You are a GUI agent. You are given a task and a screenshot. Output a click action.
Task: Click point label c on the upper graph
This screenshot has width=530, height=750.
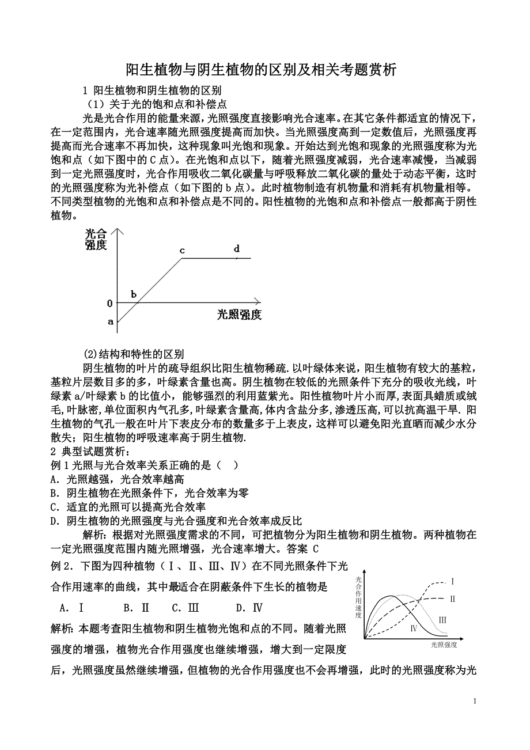(x=182, y=251)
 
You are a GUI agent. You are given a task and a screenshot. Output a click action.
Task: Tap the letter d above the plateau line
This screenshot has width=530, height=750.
(x=236, y=249)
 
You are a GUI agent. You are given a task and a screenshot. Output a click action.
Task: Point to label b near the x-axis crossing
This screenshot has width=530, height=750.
(x=134, y=294)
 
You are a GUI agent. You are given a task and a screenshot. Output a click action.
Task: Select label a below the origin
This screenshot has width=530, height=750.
(x=111, y=321)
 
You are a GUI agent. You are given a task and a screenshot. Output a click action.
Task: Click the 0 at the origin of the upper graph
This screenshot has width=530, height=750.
(x=109, y=303)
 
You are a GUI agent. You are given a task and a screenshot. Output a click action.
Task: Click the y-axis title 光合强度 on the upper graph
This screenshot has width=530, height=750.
(x=96, y=239)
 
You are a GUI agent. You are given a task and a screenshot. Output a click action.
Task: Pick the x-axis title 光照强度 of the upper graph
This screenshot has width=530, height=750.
(x=239, y=315)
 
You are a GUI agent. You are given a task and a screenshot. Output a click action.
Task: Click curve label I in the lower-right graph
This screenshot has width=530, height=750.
(x=453, y=581)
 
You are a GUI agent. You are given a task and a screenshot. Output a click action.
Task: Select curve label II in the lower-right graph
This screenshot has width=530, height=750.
(x=453, y=599)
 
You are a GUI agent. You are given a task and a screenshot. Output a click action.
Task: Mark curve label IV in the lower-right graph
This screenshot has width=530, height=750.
(x=414, y=628)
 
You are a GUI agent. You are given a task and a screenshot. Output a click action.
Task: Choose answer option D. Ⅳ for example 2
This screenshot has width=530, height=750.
(x=249, y=608)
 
